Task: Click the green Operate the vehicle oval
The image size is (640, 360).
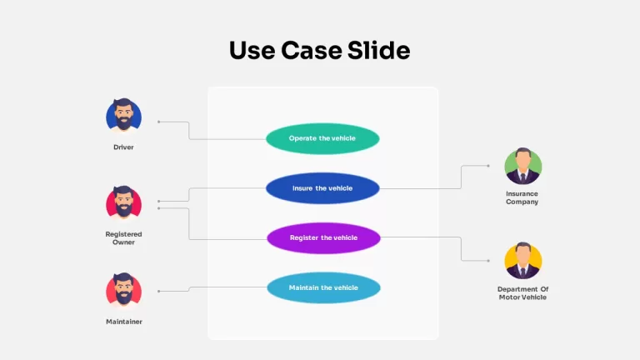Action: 322,139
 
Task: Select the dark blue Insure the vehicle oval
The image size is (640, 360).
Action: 322,188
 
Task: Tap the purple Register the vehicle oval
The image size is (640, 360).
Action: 323,238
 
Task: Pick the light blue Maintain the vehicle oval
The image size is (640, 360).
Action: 323,287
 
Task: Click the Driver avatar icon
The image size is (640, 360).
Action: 123,116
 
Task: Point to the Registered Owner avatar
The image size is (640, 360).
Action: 123,202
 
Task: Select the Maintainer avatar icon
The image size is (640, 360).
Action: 123,290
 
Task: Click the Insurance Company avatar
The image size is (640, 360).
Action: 522,166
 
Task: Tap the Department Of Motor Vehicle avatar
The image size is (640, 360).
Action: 522,261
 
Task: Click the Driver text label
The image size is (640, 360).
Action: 123,147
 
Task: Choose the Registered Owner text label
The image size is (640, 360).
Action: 123,238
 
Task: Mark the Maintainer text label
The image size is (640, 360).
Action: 124,322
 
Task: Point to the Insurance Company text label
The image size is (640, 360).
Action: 522,197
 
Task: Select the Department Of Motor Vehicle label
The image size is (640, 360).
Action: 522,293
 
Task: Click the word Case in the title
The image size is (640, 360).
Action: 312,51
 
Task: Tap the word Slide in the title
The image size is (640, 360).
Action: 379,50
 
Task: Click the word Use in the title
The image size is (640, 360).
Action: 252,51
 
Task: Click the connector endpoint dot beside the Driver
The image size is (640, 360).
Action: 159,122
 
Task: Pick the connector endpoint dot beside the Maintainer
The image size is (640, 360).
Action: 159,291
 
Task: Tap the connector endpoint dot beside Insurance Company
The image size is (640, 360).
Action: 488,166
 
